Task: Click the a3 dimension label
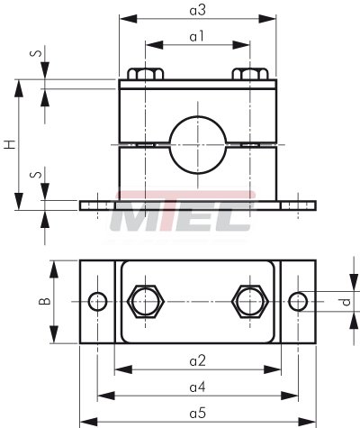coord(198,11)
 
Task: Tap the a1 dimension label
coord(197,37)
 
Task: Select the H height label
coord(10,144)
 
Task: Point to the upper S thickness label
coord(36,53)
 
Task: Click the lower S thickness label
coord(36,174)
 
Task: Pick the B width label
coord(45,301)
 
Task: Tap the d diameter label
coord(346,302)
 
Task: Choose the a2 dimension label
coord(198,360)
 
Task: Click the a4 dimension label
coord(198,387)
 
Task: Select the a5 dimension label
coord(198,414)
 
